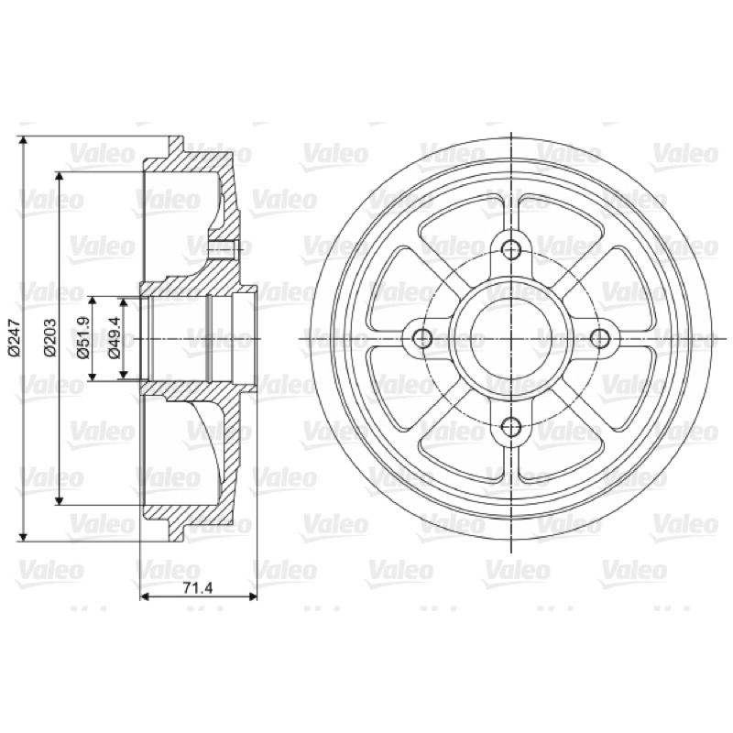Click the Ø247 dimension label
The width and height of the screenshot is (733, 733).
coord(14,338)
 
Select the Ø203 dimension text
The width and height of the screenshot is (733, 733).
coord(49,338)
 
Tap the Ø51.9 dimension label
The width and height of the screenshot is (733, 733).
coord(83,338)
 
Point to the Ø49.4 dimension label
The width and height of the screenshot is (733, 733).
coord(115,338)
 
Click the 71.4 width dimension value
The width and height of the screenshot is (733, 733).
coord(198,588)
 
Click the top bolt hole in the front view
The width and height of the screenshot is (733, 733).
coord(512,248)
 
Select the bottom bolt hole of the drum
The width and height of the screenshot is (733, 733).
coord(512,426)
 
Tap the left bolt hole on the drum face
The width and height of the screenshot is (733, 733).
coord(423,337)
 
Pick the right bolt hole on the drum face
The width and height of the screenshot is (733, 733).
coord(600,337)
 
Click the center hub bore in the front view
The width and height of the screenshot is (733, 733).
coord(512,337)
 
